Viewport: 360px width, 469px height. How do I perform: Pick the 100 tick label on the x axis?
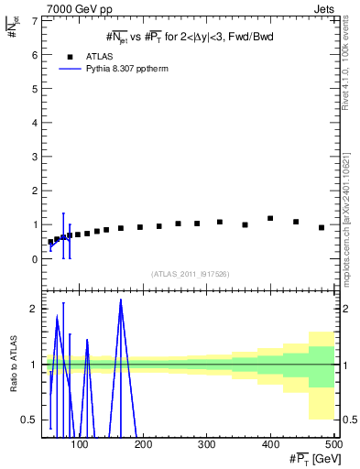(x=81, y=445)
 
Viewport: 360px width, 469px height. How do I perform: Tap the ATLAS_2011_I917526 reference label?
(x=190, y=274)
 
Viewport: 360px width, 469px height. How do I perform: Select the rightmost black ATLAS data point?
(x=322, y=227)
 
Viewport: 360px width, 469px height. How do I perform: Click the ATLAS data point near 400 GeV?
(x=270, y=218)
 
